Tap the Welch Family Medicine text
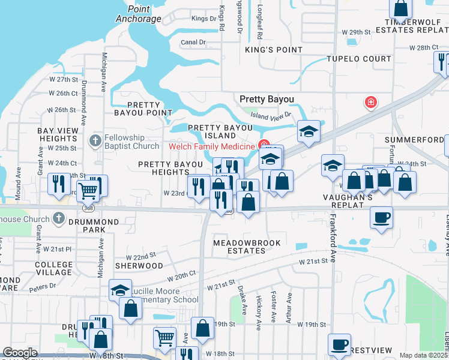pos(212,146)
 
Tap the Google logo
pos(20,353)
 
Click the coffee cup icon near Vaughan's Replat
pos(381,217)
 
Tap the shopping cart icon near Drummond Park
pos(89,191)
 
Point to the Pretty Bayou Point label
pos(142,109)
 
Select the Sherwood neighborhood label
pos(138,265)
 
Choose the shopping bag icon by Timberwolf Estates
pos(400,8)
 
